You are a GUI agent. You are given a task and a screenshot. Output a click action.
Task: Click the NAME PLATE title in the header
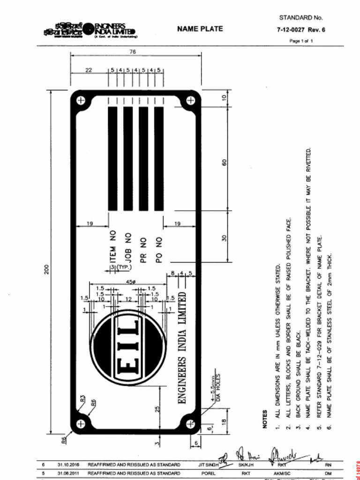point(200,29)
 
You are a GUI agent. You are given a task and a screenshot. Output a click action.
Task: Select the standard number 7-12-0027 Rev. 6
point(301,30)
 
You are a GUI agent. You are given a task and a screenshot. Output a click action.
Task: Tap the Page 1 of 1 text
point(301,41)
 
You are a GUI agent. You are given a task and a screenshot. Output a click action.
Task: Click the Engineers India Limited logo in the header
point(90,30)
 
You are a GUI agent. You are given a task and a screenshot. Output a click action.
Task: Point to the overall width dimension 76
point(133,52)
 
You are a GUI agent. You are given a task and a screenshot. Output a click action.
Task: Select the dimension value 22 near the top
point(89,70)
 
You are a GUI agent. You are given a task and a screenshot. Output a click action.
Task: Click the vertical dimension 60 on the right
point(224,163)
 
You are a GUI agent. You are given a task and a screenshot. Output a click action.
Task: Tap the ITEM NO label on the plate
point(112,246)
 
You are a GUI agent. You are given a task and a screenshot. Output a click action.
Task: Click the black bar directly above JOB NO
point(128,158)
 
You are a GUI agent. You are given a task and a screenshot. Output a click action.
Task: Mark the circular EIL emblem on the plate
point(127,347)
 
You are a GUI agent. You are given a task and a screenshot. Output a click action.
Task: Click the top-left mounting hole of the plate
point(81,100)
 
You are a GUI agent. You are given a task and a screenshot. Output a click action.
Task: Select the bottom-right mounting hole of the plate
point(190,424)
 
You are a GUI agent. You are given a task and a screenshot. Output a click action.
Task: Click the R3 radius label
point(82,399)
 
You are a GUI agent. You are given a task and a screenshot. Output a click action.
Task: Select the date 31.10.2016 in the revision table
point(68,465)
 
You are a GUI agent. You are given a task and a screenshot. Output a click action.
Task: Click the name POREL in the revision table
point(208,473)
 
